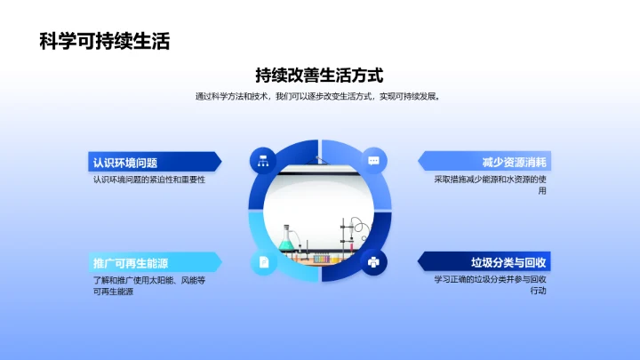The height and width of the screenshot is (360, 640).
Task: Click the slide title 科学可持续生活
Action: coord(104,41)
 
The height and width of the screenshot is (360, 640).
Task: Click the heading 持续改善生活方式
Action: coord(319,75)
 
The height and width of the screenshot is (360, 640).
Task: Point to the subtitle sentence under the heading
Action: coord(319,97)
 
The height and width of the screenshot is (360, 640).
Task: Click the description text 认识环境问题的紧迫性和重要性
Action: coord(148,180)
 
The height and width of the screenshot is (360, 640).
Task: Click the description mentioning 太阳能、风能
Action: coord(148,285)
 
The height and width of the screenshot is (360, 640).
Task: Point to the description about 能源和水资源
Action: coord(491,185)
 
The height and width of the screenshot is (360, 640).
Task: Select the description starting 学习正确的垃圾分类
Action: coord(491,285)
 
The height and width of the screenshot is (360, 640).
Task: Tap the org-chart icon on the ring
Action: coord(263,160)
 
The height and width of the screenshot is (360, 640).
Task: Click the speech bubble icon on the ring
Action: coord(373,160)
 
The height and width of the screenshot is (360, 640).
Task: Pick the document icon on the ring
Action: coord(263,262)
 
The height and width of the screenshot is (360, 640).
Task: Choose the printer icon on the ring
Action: coord(373,262)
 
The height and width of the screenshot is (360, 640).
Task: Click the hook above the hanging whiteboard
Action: coord(319,158)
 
